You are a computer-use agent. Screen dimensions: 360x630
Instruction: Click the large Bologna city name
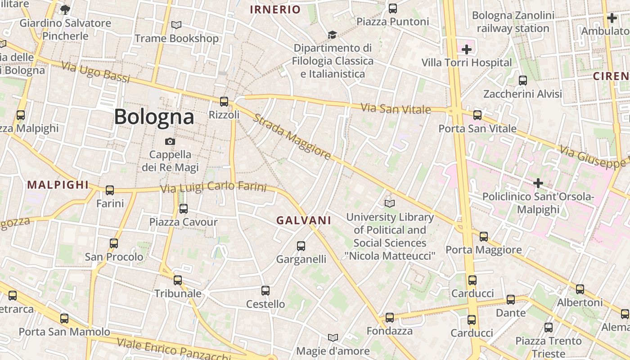[x=154, y=117]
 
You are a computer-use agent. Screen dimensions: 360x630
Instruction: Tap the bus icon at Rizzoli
[x=224, y=102]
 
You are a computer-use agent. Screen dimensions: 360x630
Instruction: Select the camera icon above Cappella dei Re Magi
[x=170, y=141]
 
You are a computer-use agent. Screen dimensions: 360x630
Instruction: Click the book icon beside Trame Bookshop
[x=176, y=25]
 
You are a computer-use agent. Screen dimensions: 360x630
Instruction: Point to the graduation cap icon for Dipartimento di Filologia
[x=332, y=35]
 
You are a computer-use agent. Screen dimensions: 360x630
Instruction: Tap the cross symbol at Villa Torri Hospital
[x=467, y=49]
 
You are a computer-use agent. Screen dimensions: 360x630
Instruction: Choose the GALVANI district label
[x=304, y=220]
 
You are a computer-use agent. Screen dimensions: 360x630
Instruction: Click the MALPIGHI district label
[x=58, y=184]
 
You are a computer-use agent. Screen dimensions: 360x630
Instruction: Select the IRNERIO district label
[x=275, y=9]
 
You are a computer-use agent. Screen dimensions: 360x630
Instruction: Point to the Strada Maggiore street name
[x=292, y=137]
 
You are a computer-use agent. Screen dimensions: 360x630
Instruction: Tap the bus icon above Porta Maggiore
[x=484, y=236]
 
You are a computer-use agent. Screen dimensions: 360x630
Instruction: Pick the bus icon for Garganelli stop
[x=301, y=246]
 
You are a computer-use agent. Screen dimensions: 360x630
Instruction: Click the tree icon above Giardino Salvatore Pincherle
[x=65, y=9]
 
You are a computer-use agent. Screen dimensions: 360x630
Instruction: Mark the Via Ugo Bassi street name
[x=95, y=72]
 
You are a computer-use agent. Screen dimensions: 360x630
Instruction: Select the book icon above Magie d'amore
[x=333, y=337]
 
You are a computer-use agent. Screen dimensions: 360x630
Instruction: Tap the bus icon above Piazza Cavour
[x=184, y=209]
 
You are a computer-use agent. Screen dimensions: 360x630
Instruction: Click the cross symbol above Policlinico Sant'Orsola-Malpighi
[x=538, y=183]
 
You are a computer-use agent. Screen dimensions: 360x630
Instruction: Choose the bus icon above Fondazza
[x=390, y=318]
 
